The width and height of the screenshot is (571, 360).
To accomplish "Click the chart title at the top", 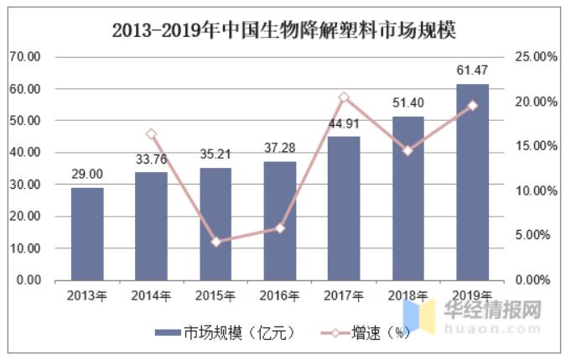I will pyautogui.click(x=284, y=30).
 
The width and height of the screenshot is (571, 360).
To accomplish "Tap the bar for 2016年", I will pyautogui.click(x=280, y=221).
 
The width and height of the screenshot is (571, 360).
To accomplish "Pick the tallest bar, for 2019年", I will pyautogui.click(x=472, y=182).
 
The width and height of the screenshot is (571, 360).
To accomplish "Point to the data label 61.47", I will pyautogui.click(x=472, y=70).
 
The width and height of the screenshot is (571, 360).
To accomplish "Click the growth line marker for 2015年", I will pyautogui.click(x=215, y=242).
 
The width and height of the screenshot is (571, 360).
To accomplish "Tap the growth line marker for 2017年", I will pyautogui.click(x=344, y=97).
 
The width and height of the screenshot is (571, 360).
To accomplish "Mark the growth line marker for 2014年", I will pyautogui.click(x=152, y=134).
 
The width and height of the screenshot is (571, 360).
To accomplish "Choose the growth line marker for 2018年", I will pyautogui.click(x=407, y=151).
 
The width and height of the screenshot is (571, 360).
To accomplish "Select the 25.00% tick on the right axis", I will pyautogui.click(x=534, y=57).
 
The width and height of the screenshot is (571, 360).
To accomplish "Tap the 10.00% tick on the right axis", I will pyautogui.click(x=534, y=190).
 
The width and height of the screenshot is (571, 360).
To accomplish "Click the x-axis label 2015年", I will pyautogui.click(x=215, y=296).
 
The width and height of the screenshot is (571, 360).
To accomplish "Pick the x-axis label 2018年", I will pyautogui.click(x=407, y=296).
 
